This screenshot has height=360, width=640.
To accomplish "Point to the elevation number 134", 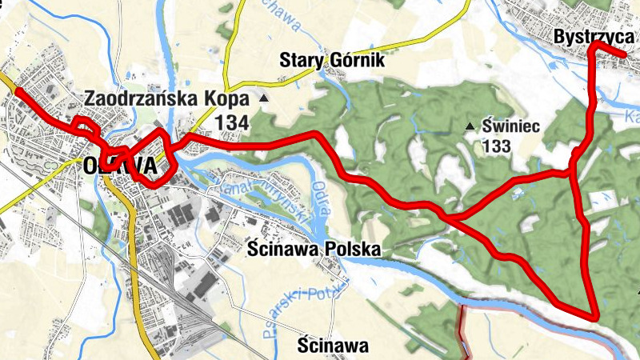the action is pos(233,122).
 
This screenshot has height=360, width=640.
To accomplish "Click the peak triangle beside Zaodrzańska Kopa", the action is pos(265,98).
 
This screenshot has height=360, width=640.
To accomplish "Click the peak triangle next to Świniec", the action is pos(470,126).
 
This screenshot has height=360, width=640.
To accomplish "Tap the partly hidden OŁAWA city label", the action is pos(118,166).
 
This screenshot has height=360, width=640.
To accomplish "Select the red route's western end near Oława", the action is pos(17,91).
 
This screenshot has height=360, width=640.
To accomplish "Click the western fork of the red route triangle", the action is pos(446,216).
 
